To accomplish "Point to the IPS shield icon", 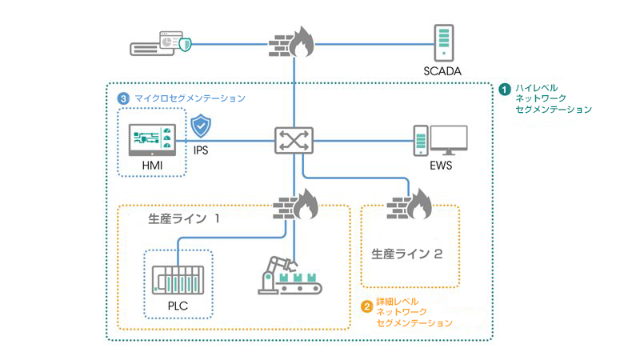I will [x=200, y=126].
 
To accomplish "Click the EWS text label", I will [x=443, y=167].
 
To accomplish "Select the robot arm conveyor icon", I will [x=286, y=274].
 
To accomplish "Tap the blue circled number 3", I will [x=122, y=98].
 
